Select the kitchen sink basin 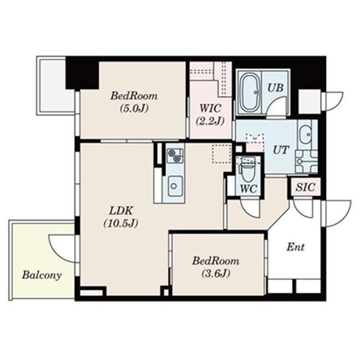pyautogui.click(x=174, y=186)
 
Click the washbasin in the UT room pyautogui.click(x=305, y=134)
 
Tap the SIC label pyautogui.click(x=305, y=187)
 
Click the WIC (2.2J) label pyautogui.click(x=210, y=115)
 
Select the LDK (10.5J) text pyautogui.click(x=121, y=217)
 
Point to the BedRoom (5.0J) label pyautogui.click(x=134, y=102)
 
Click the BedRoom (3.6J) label pyautogui.click(x=215, y=267)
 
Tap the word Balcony pyautogui.click(x=42, y=275)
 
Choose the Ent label pyautogui.click(x=296, y=247)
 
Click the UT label pyautogui.click(x=280, y=150)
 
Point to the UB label pyautogui.click(x=276, y=88)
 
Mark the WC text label pyautogui.click(x=249, y=189)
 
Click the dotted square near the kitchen pyautogui.click(x=222, y=154)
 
